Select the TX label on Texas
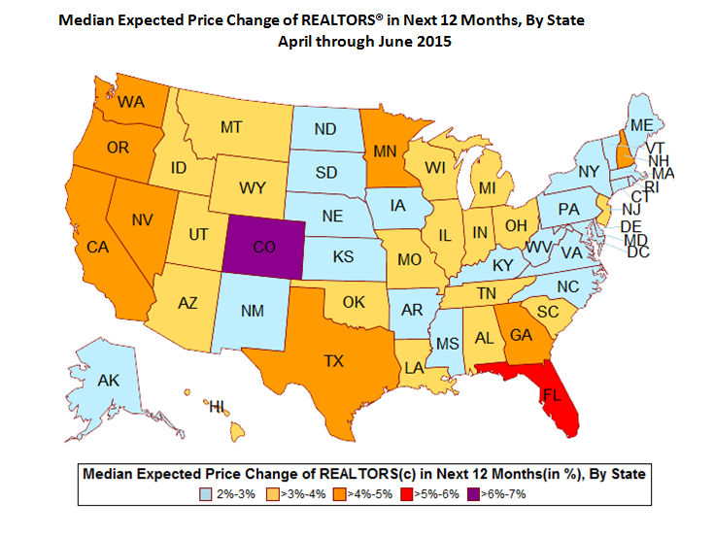tap(334, 360)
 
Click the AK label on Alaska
tap(108, 382)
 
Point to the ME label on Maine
tap(641, 126)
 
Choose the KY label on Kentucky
tap(502, 265)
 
